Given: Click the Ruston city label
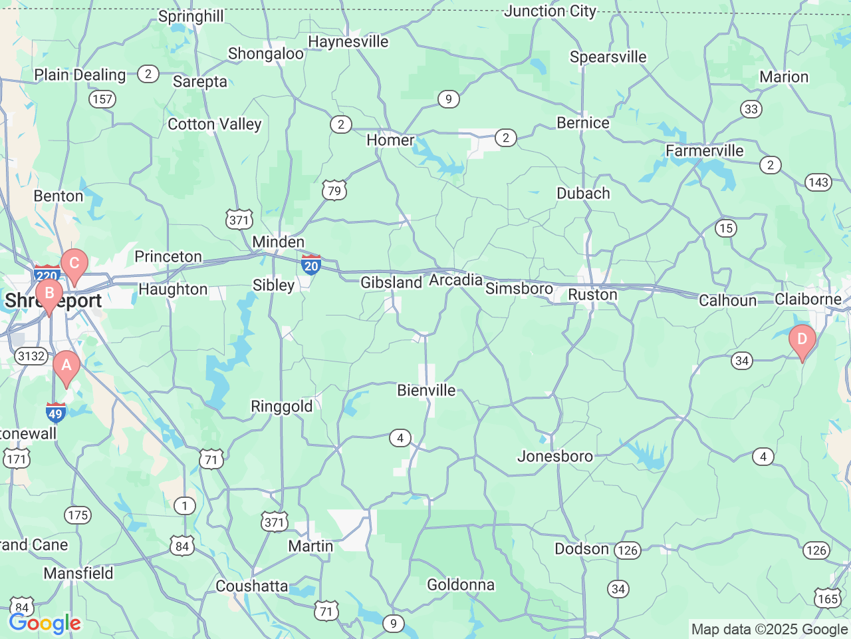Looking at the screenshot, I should click(x=592, y=295).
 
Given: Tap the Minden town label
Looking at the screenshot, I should click(x=278, y=242).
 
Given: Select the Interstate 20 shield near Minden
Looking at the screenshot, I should click(x=311, y=265).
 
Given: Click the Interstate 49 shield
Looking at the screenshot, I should click(x=55, y=413).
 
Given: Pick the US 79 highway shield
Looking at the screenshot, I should click(x=334, y=190).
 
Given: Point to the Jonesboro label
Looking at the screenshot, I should click(x=555, y=456).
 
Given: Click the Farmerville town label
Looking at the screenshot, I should click(x=705, y=150).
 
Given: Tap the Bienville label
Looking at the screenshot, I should click(x=426, y=390).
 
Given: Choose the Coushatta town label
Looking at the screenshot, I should click(x=252, y=586).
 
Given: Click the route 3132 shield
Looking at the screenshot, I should click(x=31, y=356).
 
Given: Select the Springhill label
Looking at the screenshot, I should click(x=191, y=16).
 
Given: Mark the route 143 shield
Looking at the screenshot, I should click(x=818, y=182).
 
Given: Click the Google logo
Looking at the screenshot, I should click(x=45, y=624).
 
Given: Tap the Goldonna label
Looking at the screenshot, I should click(x=461, y=584).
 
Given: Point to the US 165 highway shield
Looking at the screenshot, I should click(x=828, y=598).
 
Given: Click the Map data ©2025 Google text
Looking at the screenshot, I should click(x=769, y=629).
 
